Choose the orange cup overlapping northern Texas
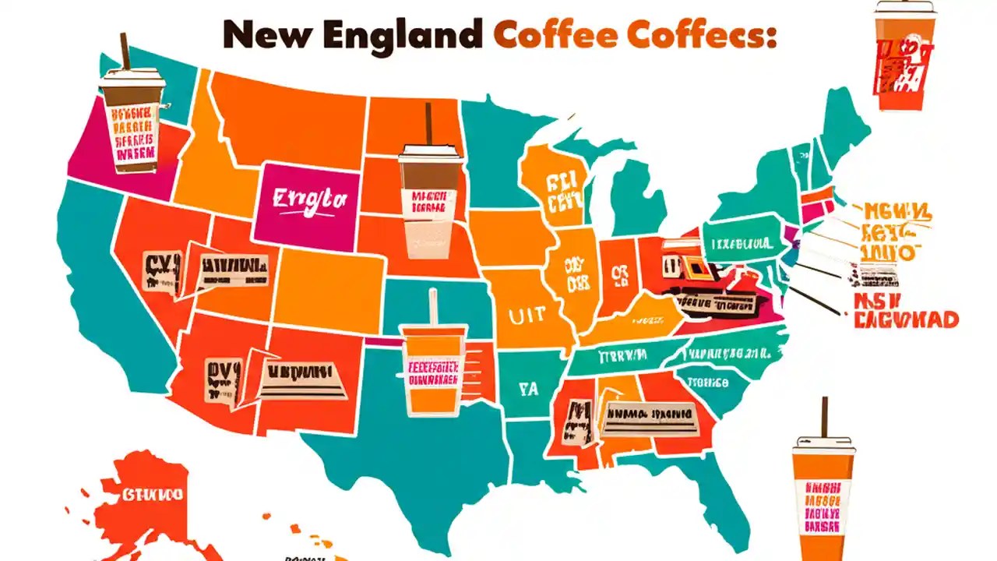434,370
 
